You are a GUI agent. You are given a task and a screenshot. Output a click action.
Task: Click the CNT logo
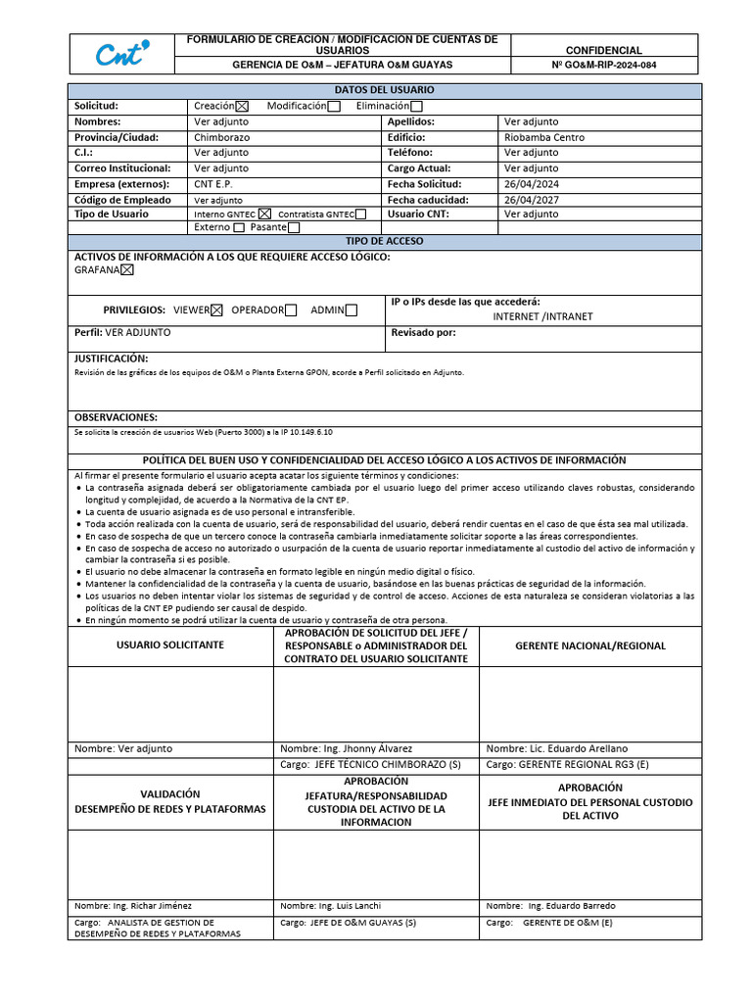pos(122,54)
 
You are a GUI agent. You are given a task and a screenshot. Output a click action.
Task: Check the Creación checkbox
pos(243,106)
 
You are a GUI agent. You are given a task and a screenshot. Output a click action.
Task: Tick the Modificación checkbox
pos(334,106)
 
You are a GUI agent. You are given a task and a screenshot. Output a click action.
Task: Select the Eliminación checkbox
pos(416,106)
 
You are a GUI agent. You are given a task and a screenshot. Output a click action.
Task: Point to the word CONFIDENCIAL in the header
pos(604,50)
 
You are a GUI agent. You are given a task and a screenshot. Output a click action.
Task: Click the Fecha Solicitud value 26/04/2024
pos(531,184)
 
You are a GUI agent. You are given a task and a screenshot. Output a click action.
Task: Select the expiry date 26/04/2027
pos(531,200)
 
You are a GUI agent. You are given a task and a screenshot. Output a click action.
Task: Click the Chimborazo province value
pos(221,137)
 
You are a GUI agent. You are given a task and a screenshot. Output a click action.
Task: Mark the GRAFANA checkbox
pos(126,270)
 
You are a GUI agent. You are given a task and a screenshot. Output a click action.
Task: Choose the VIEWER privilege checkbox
pos(216,310)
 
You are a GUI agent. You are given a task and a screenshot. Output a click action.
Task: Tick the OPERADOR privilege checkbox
pos(291,310)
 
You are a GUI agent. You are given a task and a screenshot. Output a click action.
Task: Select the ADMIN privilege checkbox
pos(352,310)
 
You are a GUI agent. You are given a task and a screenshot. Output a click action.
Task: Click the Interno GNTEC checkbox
pos(264,214)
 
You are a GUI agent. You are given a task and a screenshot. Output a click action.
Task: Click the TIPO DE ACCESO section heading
pos(385,240)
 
